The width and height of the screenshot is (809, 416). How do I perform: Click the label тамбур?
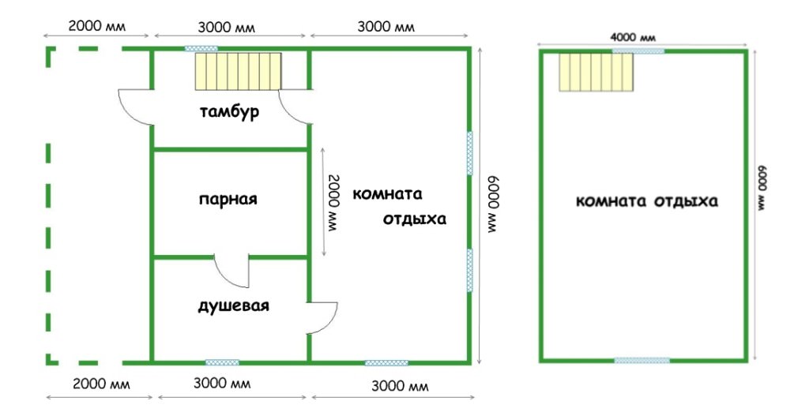pyautogui.click(x=229, y=112)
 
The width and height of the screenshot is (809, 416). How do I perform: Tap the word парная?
pyautogui.click(x=228, y=199)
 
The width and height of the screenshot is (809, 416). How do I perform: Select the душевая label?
pyautogui.click(x=233, y=305)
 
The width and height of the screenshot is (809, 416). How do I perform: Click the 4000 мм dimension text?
pyautogui.click(x=633, y=38)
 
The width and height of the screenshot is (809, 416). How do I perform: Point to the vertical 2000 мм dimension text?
pyautogui.click(x=335, y=203)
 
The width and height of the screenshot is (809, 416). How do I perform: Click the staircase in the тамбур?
pyautogui.click(x=238, y=71)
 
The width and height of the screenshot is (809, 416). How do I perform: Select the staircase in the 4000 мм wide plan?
pyautogui.click(x=596, y=72)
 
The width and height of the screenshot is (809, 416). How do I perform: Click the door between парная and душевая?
pyautogui.click(x=231, y=272)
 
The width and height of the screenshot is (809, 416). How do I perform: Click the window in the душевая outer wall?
pyautogui.click(x=222, y=362)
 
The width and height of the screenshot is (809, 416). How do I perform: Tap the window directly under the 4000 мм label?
pyautogui.click(x=638, y=51)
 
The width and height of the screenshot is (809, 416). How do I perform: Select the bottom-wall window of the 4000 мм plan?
pyautogui.click(x=642, y=360)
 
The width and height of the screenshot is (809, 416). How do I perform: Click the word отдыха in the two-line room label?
pyautogui.click(x=414, y=219)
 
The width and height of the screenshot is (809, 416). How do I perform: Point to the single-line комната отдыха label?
pyautogui.click(x=646, y=201)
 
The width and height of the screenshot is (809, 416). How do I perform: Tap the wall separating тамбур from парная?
pyautogui.click(x=231, y=149)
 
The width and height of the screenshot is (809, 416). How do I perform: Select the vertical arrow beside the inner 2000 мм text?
pyautogui.click(x=323, y=201)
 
